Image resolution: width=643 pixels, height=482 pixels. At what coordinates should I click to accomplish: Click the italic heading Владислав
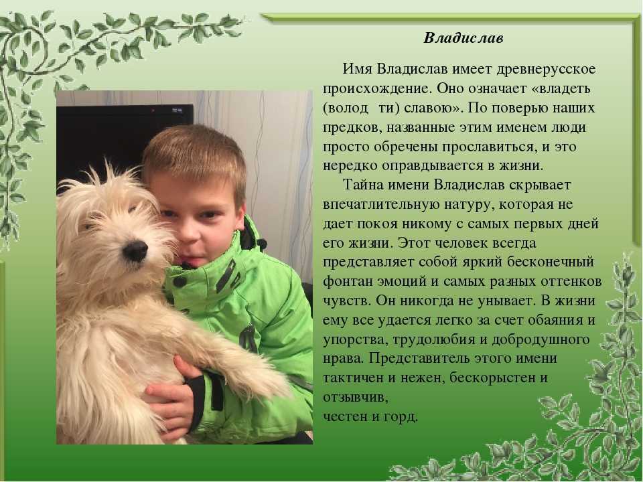pyautogui.click(x=463, y=38)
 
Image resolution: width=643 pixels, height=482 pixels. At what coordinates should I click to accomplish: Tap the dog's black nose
pyautogui.click(x=135, y=250)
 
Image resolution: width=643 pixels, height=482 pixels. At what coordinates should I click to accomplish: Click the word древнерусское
pyautogui.click(x=546, y=69)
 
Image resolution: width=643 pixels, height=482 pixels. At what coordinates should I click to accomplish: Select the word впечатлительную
pyautogui.click(x=381, y=205)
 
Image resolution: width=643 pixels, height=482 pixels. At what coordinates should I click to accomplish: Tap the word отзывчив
pyautogui.click(x=355, y=398)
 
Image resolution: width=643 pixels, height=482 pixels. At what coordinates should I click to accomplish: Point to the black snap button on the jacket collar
pyautogui.click(x=180, y=282)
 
